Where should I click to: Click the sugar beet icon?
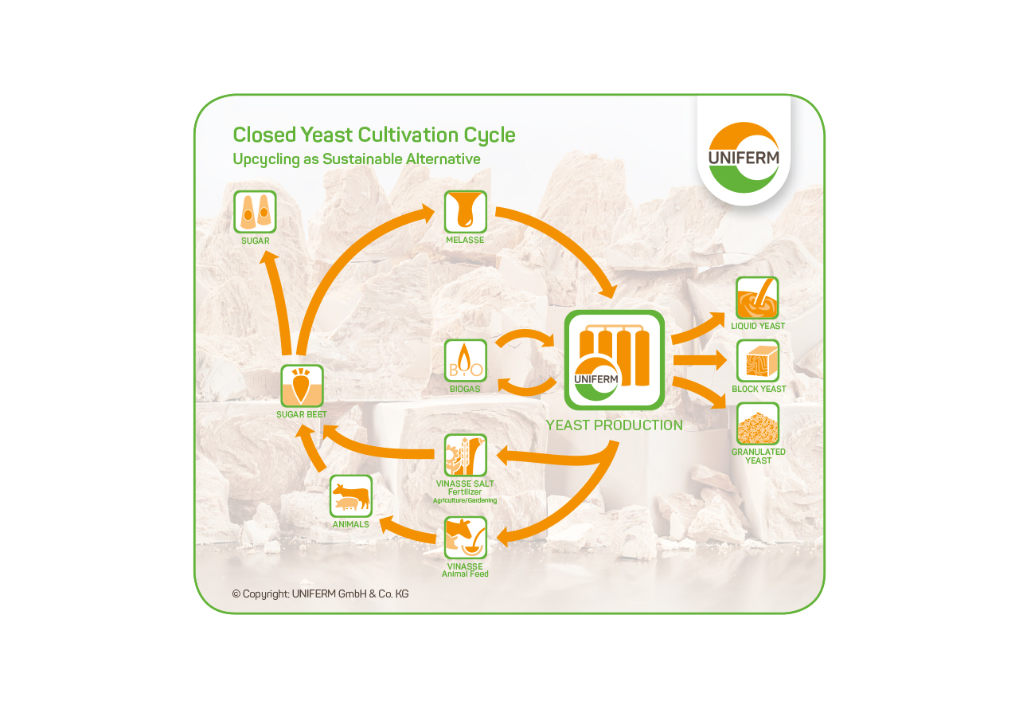click(x=302, y=386)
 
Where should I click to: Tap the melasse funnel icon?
click(x=466, y=212)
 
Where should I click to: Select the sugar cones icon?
click(x=255, y=212)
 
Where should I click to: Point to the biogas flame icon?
click(x=466, y=361)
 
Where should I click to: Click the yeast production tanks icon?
click(x=614, y=360)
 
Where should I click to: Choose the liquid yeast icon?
click(x=757, y=298)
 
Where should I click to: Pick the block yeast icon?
click(x=757, y=361)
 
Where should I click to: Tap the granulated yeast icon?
click(x=757, y=423)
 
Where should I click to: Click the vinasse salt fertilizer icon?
click(x=466, y=455)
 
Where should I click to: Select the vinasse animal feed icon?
click(x=466, y=538)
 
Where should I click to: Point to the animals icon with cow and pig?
click(x=351, y=496)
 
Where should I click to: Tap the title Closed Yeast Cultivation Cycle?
click(x=374, y=135)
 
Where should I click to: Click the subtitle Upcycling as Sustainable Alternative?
click(x=357, y=159)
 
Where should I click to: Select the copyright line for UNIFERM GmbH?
click(x=320, y=593)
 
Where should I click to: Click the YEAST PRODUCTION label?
click(x=614, y=425)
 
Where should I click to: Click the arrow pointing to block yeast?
click(x=701, y=361)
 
